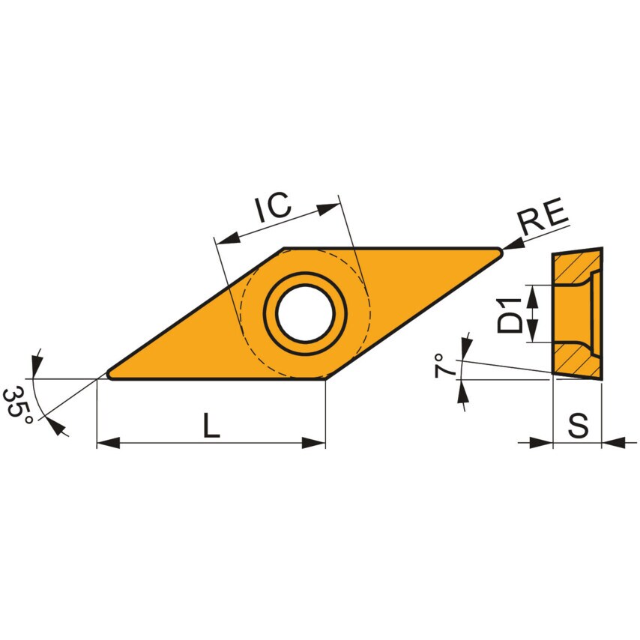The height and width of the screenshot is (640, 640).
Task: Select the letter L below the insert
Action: (x=211, y=426)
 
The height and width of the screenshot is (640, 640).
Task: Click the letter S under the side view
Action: (x=577, y=426)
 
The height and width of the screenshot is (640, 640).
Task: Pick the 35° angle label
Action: (x=17, y=405)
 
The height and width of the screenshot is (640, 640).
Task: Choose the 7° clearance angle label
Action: (x=445, y=366)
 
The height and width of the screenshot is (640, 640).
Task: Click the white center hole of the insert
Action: (x=305, y=313)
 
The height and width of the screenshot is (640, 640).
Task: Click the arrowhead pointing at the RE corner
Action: (x=513, y=244)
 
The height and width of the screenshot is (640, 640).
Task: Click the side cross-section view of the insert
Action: (x=577, y=313)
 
